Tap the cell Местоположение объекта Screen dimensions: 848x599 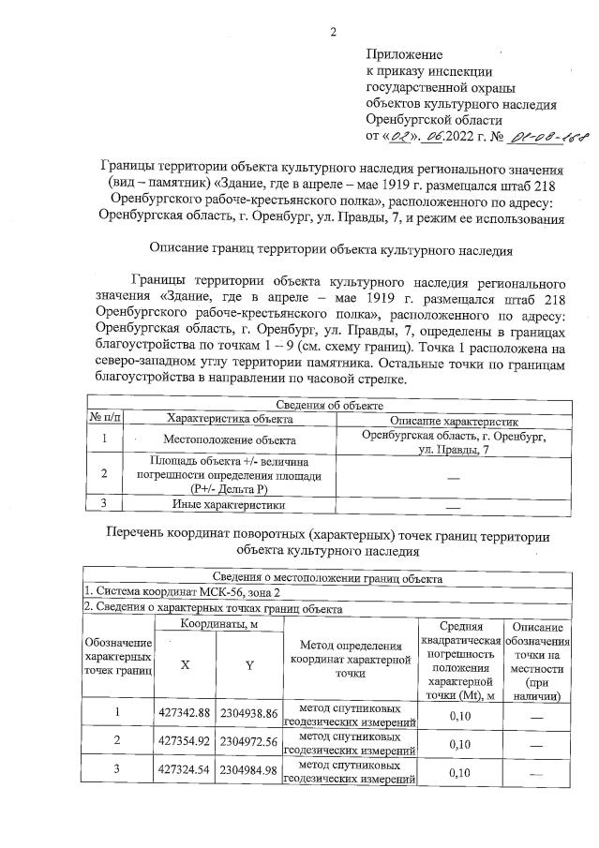[x=230, y=439]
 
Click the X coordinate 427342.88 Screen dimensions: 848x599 [x=185, y=714]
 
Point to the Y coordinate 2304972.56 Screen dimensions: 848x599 [x=249, y=744]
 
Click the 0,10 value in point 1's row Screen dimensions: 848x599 [x=459, y=714]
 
